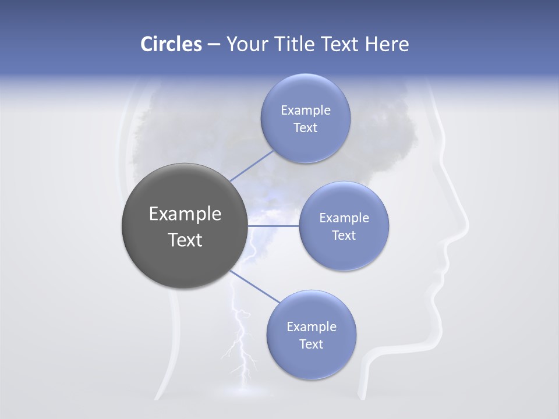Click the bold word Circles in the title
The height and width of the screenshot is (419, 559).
tap(171, 44)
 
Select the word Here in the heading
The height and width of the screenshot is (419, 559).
tap(387, 44)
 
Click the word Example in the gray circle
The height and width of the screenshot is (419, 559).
tap(185, 214)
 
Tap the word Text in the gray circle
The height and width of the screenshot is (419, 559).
tap(185, 240)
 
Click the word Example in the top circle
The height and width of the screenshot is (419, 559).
tap(305, 110)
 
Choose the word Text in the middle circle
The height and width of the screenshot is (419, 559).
tap(344, 235)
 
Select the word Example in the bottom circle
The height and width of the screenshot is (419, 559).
tap(311, 326)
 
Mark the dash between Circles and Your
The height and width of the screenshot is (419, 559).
tap(213, 45)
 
